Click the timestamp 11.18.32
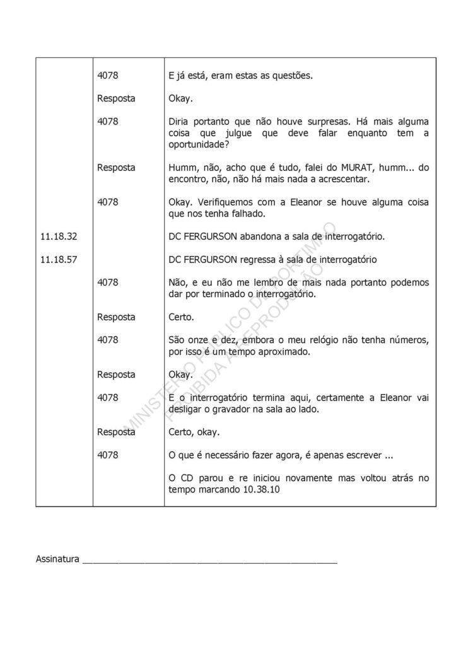[x=58, y=236]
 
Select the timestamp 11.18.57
[x=58, y=259]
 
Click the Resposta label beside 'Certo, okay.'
[x=116, y=432]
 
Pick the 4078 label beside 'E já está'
[x=108, y=76]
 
